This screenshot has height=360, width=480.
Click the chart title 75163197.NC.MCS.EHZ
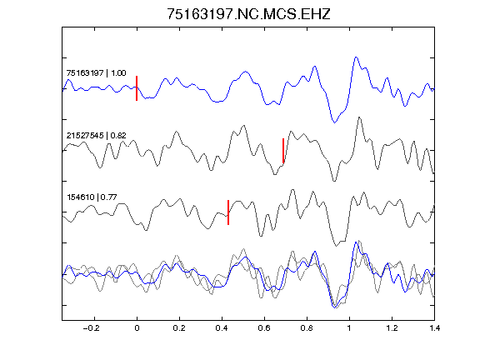click(248, 14)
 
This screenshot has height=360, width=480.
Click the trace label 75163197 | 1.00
click(96, 73)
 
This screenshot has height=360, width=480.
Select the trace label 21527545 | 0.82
click(96, 135)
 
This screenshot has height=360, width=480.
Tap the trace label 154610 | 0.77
click(92, 197)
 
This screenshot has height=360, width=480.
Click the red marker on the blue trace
click(137, 88)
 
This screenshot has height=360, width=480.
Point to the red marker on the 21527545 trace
click(283, 151)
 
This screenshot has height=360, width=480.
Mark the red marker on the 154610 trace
click(228, 212)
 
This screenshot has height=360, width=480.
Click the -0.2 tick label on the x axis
click(92, 328)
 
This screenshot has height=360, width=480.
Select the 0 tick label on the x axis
click(137, 328)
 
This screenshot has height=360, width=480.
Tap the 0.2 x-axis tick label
click(179, 328)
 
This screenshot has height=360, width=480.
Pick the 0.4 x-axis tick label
click(222, 328)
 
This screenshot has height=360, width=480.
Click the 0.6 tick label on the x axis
click(264, 328)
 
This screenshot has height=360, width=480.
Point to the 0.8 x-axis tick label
click(307, 328)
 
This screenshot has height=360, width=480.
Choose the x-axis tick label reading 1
click(349, 328)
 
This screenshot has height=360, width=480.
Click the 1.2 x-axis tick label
click(392, 328)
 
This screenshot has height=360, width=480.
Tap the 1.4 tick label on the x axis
click(435, 328)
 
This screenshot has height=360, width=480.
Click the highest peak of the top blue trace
click(356, 57)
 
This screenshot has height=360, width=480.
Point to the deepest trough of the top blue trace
click(335, 122)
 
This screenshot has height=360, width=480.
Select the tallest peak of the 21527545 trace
click(359, 117)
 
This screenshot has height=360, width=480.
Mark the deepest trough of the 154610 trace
click(337, 246)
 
